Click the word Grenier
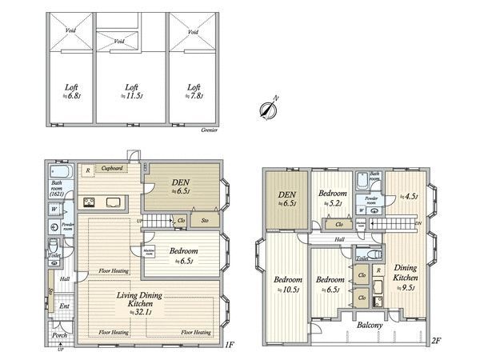pyautogui.click(x=210, y=128)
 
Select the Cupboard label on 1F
pyautogui.click(x=111, y=169)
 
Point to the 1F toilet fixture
pyautogui.click(x=53, y=245)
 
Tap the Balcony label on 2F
pyautogui.click(x=370, y=326)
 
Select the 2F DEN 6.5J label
pyautogui.click(x=286, y=198)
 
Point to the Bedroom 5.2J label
pyautogui.click(x=332, y=198)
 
